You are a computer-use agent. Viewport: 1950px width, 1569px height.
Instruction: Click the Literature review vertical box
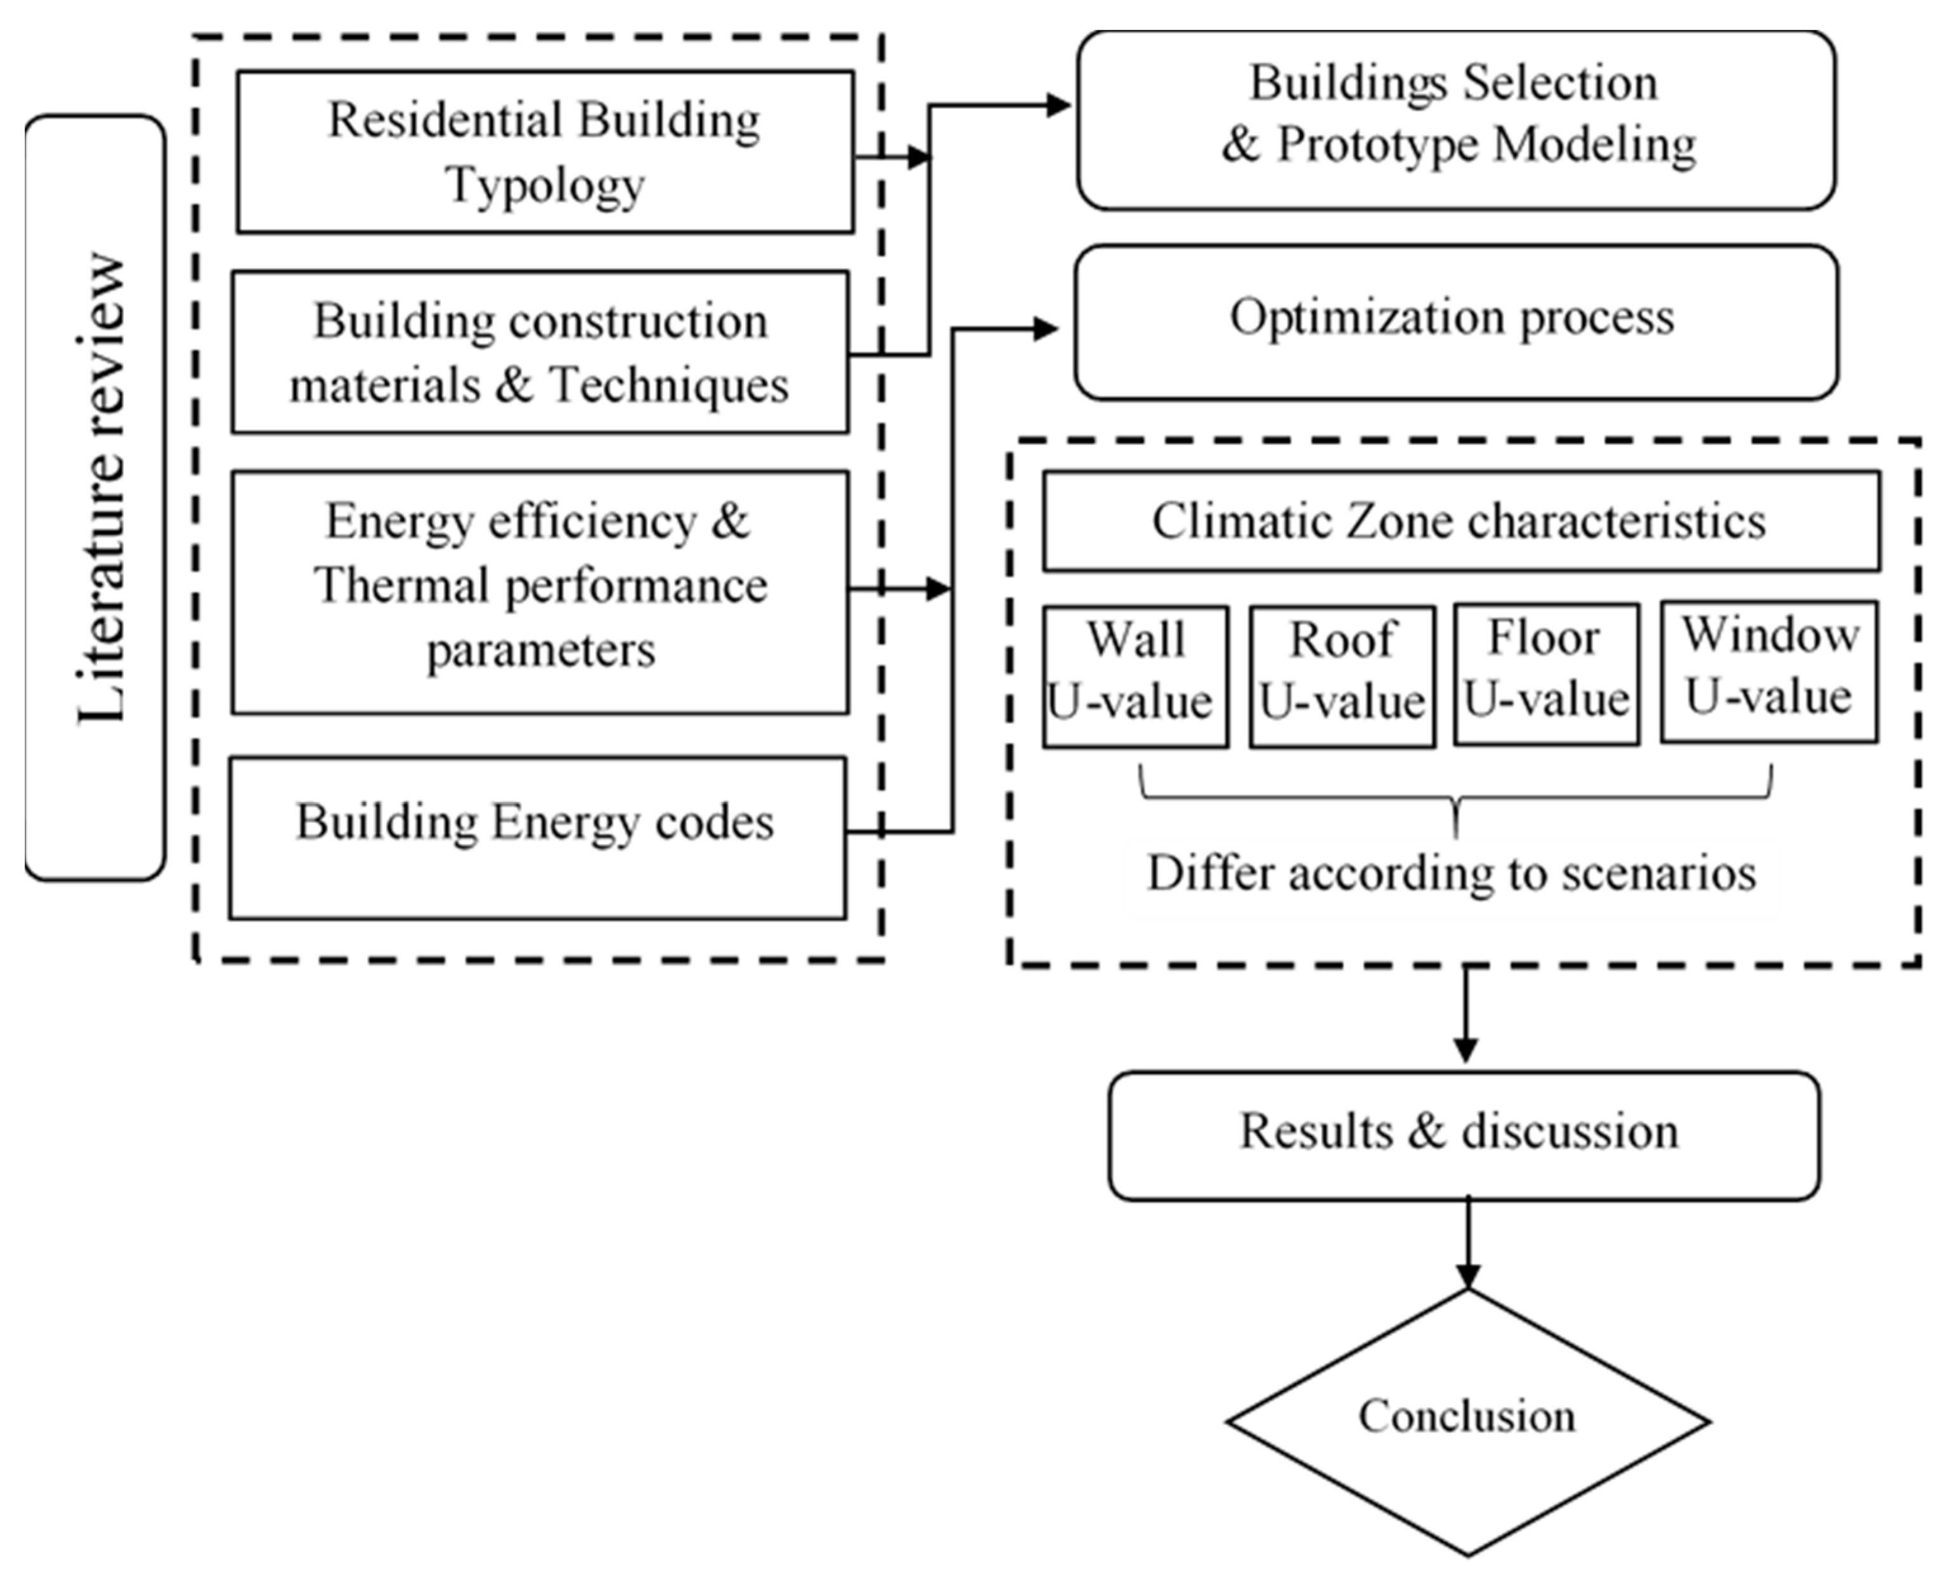(95, 498)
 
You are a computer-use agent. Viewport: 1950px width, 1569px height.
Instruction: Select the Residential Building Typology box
(545, 152)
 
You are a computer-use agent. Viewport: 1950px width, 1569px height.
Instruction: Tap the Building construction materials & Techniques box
(540, 352)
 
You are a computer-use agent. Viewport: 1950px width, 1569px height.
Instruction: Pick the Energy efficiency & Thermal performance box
(540, 591)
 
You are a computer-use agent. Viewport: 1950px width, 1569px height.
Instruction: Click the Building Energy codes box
(537, 837)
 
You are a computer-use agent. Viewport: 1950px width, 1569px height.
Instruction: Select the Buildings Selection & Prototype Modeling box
(1456, 120)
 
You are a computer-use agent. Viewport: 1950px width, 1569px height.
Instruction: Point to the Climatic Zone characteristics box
(1460, 521)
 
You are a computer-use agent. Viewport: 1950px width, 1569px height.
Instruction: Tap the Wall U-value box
(1135, 676)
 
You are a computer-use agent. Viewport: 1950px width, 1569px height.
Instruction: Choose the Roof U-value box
(1342, 676)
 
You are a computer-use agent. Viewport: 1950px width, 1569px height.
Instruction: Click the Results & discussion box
(1464, 1136)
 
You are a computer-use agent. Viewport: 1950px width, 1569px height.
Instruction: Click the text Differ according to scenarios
(1451, 874)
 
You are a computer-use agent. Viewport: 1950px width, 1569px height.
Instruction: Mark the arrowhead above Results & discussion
(1466, 1050)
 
